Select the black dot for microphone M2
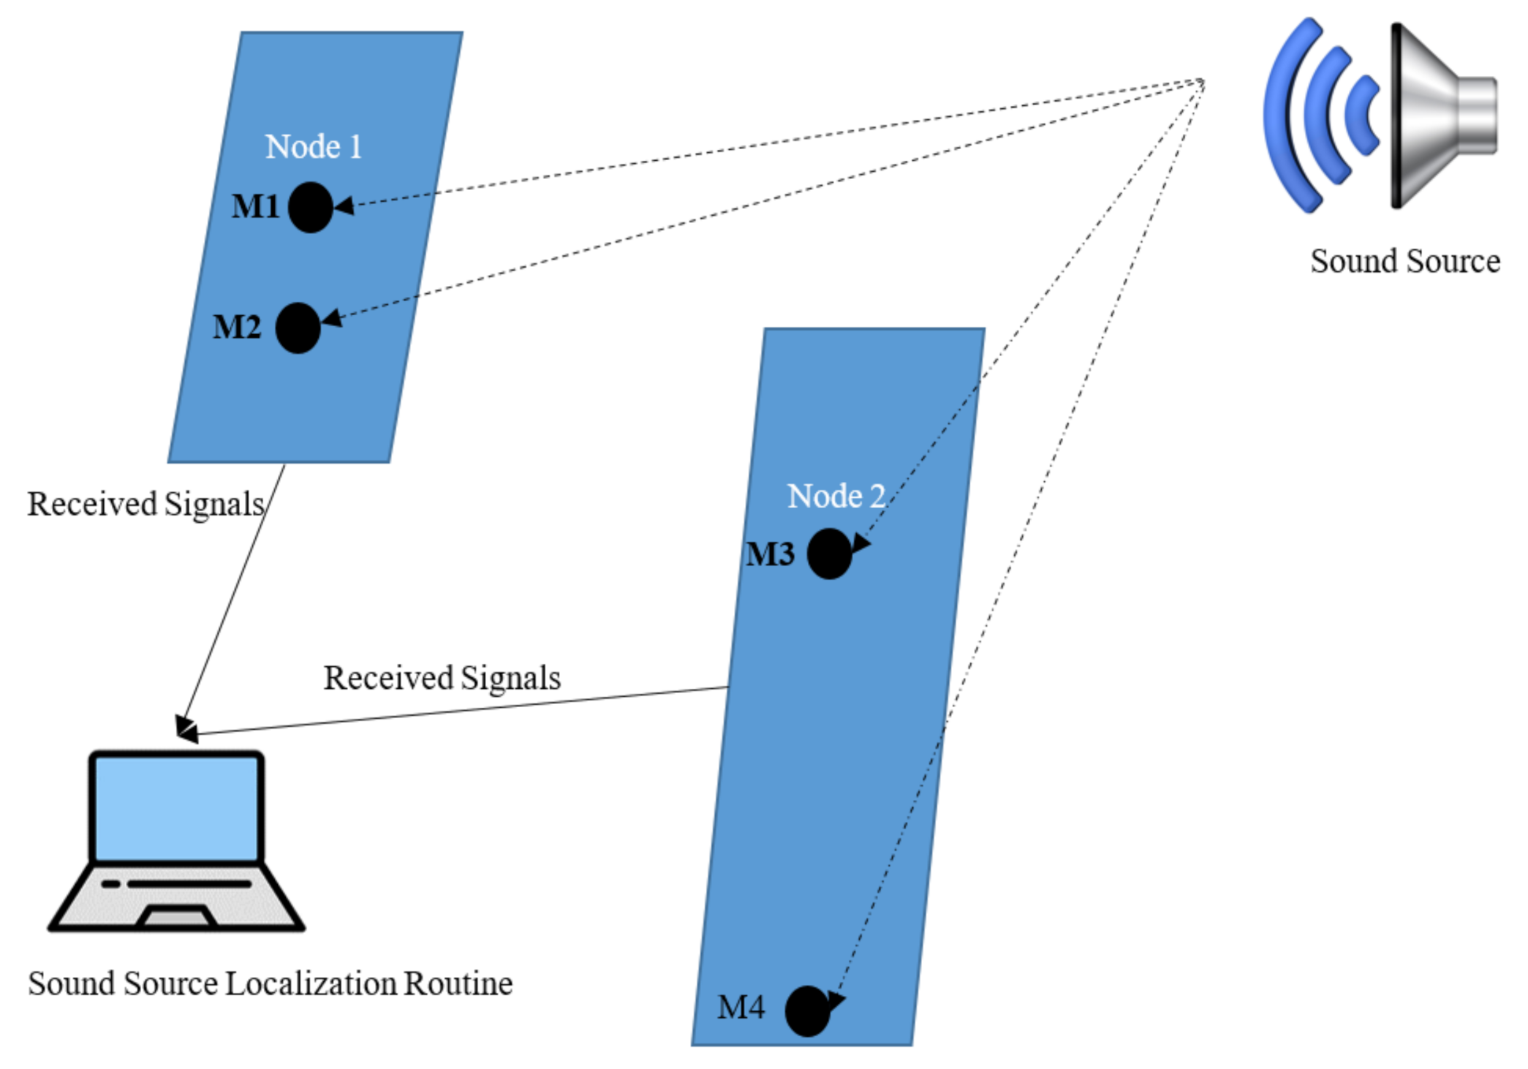click(x=298, y=328)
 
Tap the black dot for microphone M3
click(x=829, y=554)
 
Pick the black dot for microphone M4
click(x=807, y=1011)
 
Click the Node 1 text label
click(x=313, y=147)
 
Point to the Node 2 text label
click(x=836, y=496)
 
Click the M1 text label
click(x=256, y=206)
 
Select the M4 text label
click(x=741, y=1008)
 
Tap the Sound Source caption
click(x=1404, y=261)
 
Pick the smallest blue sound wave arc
click(x=1361, y=116)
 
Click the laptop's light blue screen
click(x=176, y=808)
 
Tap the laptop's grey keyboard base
click(x=176, y=896)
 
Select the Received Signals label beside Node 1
click(x=145, y=505)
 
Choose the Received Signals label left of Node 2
click(x=442, y=678)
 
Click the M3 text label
click(x=770, y=554)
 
